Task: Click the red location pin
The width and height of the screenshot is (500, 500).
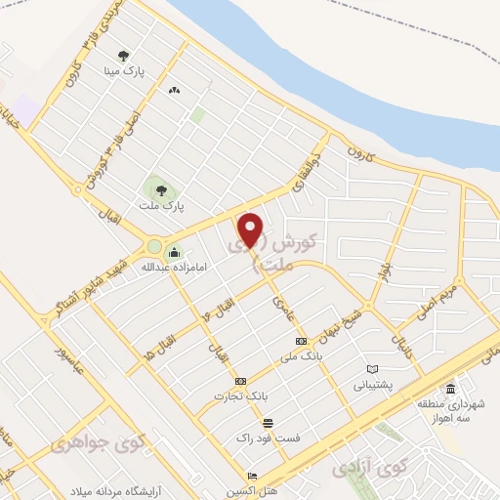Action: coord(252,229)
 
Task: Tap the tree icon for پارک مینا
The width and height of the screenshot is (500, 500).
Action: coord(122,56)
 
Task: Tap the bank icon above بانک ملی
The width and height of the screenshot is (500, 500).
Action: coord(300,341)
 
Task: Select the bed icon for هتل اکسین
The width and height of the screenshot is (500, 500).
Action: coord(253,477)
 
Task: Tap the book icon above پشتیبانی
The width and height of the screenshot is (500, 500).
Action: coord(371,368)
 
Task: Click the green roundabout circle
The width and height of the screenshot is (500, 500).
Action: coord(154,246)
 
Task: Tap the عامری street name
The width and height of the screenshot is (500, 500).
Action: coord(283,312)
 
